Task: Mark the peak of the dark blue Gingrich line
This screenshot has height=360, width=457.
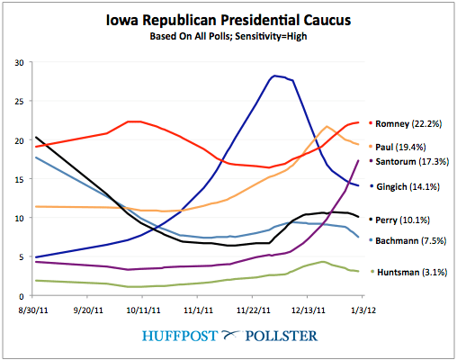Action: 275,76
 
